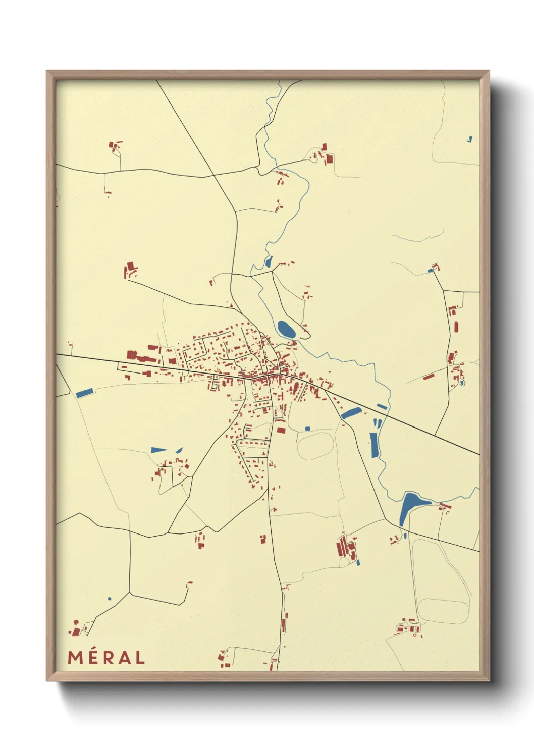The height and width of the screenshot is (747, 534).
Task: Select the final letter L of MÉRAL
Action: click(139, 657)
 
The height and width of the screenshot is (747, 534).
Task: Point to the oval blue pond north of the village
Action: click(286, 330)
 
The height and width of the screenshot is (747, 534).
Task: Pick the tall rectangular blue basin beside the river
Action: click(373, 445)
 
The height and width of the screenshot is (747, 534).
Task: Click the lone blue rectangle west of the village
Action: click(84, 392)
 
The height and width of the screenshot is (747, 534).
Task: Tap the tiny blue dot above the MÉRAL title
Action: click(109, 599)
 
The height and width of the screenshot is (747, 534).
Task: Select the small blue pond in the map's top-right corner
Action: click(470, 139)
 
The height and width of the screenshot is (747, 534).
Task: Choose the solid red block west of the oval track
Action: click(281, 431)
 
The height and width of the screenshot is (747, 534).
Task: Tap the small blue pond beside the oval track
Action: click(307, 429)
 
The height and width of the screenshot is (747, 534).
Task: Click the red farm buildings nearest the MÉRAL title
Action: click(76, 630)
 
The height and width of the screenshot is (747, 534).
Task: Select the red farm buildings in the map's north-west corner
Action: click(115, 146)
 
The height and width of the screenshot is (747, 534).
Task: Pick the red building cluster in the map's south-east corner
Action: click(408, 628)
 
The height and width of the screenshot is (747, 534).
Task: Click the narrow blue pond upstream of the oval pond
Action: click(269, 261)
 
